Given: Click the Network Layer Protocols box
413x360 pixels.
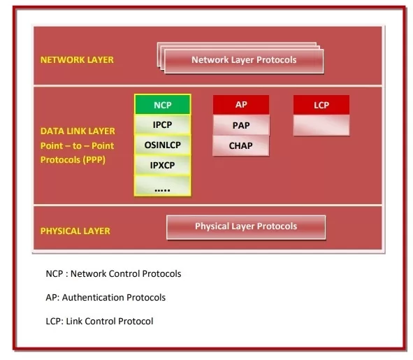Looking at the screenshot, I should pyautogui.click(x=243, y=60).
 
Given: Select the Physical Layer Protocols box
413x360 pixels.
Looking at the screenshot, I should pyautogui.click(x=245, y=226).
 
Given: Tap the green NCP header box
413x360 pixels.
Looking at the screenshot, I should pyautogui.click(x=162, y=105).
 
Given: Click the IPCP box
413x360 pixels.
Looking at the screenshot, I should pyautogui.click(x=162, y=125).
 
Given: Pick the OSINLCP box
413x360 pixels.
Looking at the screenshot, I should pyautogui.click(x=162, y=145).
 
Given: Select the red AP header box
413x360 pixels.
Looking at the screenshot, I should pyautogui.click(x=241, y=105).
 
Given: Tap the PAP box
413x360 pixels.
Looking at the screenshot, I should pyautogui.click(x=241, y=125).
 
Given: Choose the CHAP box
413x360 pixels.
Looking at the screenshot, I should pyautogui.click(x=241, y=145).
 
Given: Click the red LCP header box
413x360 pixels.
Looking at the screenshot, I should pyautogui.click(x=321, y=105).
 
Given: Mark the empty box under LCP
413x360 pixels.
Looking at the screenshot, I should pyautogui.click(x=321, y=125).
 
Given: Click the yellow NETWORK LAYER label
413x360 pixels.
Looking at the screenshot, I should pyautogui.click(x=77, y=60).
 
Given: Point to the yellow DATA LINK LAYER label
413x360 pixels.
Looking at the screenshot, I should pyautogui.click(x=78, y=131).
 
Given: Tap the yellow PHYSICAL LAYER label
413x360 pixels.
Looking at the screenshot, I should pyautogui.click(x=75, y=231).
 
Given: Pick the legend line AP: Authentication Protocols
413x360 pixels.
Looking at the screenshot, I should pyautogui.click(x=106, y=297).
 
